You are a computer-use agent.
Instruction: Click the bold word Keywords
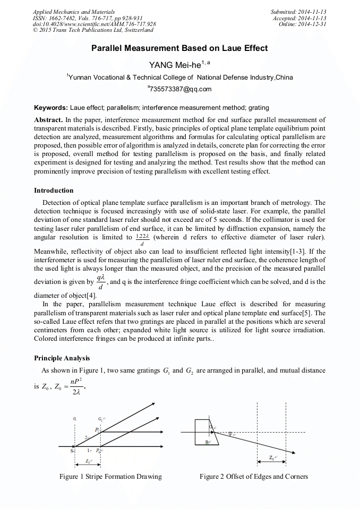point(50,108)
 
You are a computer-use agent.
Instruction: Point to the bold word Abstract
point(49,120)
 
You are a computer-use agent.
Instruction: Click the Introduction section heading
point(54,190)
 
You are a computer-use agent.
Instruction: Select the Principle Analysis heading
point(62,358)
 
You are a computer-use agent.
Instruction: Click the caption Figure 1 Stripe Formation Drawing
point(110,476)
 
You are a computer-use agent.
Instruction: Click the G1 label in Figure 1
point(75,419)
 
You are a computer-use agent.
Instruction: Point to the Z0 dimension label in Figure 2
point(272,458)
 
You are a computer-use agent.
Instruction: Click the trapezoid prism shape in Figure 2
point(204,431)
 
